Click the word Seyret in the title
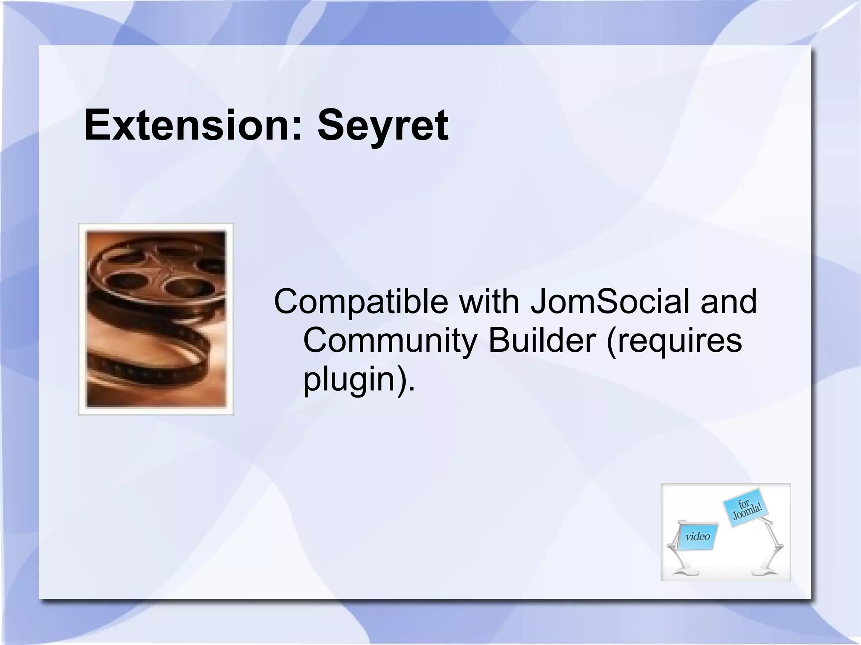pyautogui.click(x=383, y=125)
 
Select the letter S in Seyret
pyautogui.click(x=332, y=125)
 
